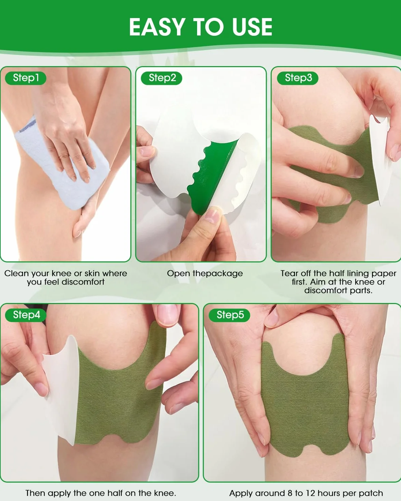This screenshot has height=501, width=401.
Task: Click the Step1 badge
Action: pyautogui.click(x=26, y=78)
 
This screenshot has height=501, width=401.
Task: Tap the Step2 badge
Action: pyautogui.click(x=162, y=78)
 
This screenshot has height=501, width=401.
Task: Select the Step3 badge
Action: pyautogui.click(x=298, y=78)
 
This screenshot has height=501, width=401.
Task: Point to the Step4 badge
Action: pyautogui.click(x=26, y=315)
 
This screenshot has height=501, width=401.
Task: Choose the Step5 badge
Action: pyautogui.click(x=229, y=315)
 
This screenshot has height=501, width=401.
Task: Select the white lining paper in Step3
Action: pyautogui.click(x=380, y=161)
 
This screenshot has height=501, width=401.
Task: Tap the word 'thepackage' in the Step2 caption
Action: pyautogui.click(x=218, y=274)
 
